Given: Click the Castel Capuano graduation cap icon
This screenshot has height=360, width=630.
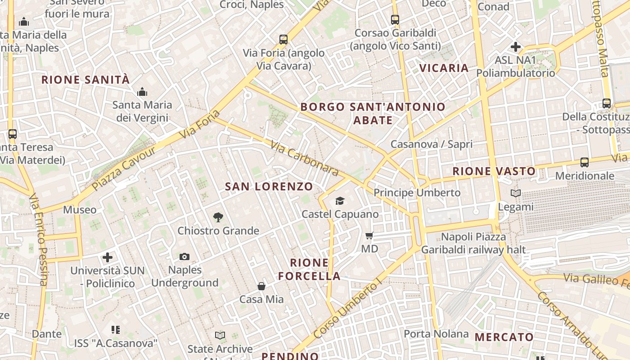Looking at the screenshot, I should pos(340,201).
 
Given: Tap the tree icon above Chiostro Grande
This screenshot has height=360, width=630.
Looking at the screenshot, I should pos(218,217).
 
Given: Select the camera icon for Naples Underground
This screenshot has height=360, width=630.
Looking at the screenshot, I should pos(184,256).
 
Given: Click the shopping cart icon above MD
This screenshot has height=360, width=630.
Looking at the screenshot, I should pos(369,235).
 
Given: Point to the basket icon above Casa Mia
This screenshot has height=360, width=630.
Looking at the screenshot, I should pos(261,286).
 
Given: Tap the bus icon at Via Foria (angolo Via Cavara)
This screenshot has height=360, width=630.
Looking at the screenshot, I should pos(283,40).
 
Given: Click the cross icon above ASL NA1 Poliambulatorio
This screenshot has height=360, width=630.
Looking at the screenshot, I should pos(516,47).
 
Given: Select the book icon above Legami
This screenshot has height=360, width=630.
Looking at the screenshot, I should pos(516,193).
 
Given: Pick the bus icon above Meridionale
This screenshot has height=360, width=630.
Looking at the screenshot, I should pos(585,162).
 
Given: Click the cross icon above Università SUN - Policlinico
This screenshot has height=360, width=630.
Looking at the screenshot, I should pos(108,257).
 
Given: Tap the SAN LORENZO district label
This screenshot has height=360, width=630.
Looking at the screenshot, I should pos(269,186).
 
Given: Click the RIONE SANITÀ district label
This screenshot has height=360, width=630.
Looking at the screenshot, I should pos(85,80).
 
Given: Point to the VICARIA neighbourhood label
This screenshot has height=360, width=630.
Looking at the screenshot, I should pos(444,68).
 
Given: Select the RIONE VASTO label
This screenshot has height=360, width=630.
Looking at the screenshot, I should pos(494,171).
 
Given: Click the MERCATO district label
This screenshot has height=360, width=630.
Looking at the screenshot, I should pos(504,337).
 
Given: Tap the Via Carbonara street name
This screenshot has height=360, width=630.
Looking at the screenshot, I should pos(305,158).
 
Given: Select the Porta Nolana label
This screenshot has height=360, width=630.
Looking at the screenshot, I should pos(436,334).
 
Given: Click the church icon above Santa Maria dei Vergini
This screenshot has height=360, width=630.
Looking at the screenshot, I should pos(142,92).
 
